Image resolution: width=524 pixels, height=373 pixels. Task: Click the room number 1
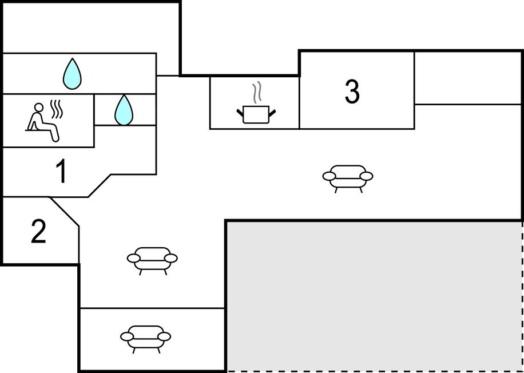point(61,172)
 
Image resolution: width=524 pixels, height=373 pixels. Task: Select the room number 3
point(352,92)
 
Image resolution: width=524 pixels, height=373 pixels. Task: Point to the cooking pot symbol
point(256,114)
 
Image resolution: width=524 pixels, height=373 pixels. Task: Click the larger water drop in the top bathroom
point(72,74)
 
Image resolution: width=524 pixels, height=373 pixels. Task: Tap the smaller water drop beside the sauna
point(124,110)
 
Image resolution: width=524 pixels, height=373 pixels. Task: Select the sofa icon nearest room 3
point(348,178)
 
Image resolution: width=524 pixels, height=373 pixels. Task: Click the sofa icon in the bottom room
point(145,338)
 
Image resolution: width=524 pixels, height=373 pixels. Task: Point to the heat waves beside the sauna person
point(57,109)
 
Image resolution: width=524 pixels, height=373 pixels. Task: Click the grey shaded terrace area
point(374,295)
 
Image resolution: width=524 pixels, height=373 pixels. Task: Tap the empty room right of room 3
point(468,78)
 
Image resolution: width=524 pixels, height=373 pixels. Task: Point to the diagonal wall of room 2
point(65,212)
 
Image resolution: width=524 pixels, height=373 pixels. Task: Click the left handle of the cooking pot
point(240,112)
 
